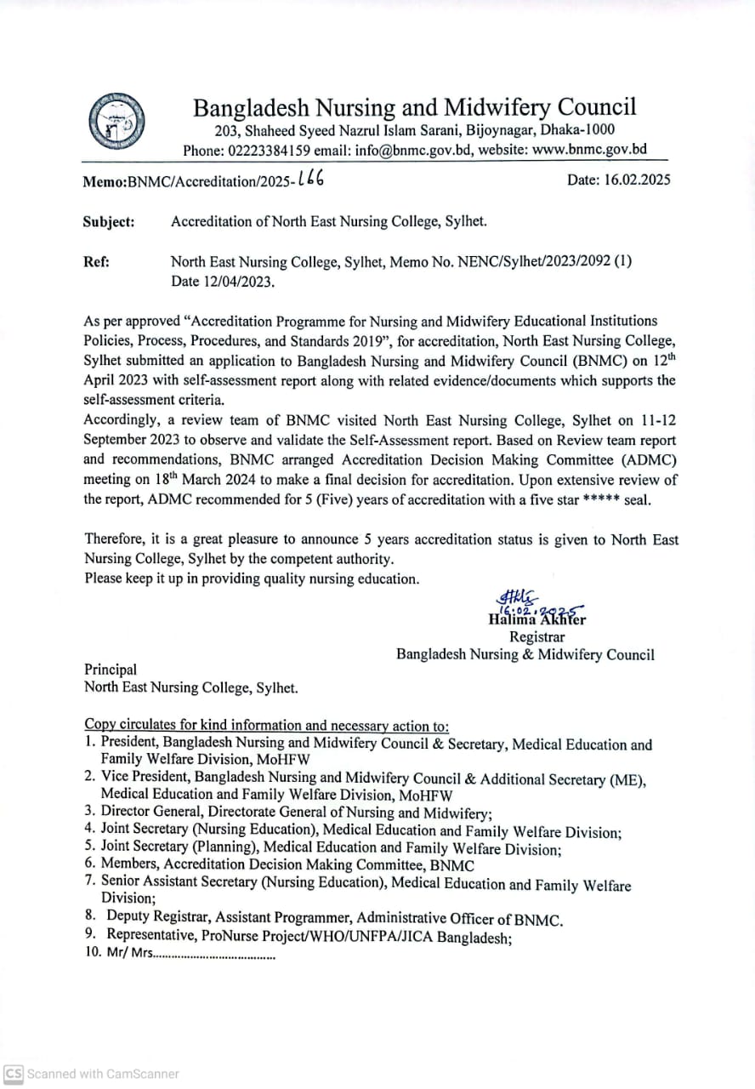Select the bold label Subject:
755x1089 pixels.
coord(109,222)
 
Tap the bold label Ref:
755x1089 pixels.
coord(96,262)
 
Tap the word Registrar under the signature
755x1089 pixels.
coord(536,636)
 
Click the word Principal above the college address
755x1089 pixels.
coord(111,670)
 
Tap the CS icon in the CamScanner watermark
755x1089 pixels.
coord(14,1074)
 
